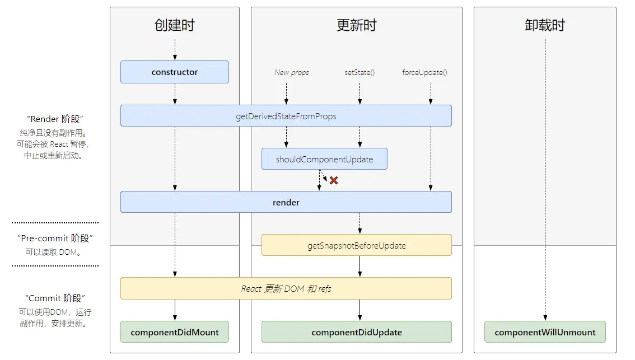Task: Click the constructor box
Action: [175, 72]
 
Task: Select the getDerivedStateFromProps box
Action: [286, 116]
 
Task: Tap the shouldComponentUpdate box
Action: [324, 159]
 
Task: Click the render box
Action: [286, 202]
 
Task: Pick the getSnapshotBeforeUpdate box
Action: [356, 245]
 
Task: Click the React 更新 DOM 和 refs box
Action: [286, 288]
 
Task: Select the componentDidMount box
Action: [175, 332]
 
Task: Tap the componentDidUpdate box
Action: [356, 332]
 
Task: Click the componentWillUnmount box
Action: [545, 332]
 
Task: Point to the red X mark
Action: [334, 180]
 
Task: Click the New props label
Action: [291, 72]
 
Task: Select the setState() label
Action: [359, 72]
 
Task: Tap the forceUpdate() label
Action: [424, 72]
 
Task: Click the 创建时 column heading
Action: [175, 25]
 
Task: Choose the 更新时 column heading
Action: [356, 25]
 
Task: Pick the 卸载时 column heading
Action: [545, 25]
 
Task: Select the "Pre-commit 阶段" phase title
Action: [55, 239]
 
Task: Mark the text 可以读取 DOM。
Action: [55, 252]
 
